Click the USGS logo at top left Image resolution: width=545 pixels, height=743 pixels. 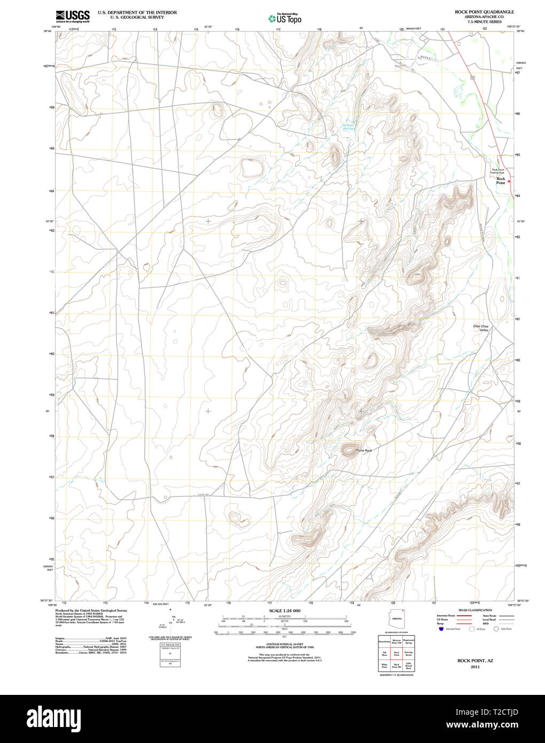73,16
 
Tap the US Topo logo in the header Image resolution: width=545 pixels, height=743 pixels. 285,19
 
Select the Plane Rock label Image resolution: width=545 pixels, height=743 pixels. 364,451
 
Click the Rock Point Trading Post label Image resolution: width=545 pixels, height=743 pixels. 497,171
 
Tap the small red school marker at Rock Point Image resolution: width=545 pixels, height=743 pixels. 509,181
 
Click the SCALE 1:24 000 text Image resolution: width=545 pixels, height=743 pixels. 285,610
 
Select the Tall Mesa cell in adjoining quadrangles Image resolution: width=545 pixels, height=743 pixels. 384,653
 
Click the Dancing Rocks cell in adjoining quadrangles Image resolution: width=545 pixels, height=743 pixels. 408,653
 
